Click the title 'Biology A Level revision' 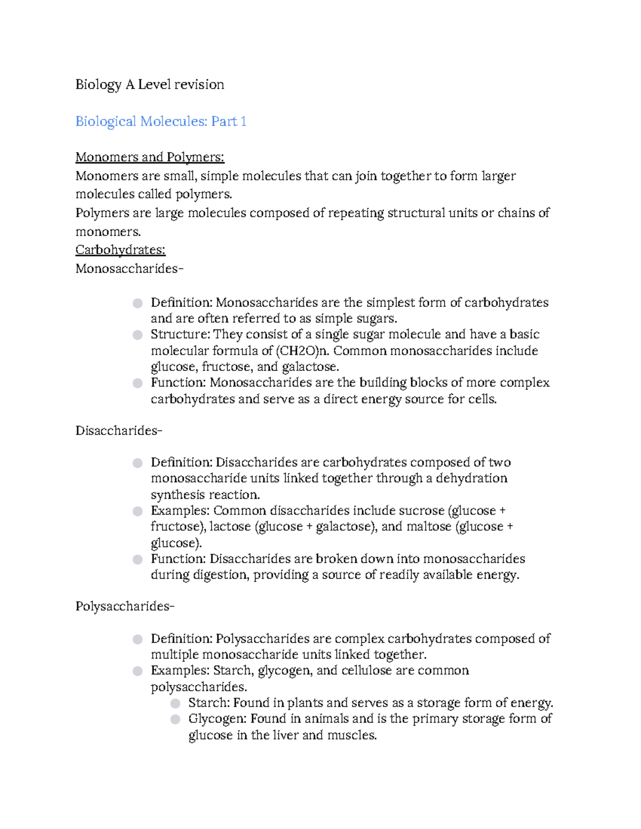click(x=150, y=85)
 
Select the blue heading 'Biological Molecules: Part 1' click(x=161, y=122)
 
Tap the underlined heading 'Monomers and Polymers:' click(x=150, y=157)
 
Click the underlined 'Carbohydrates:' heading click(x=120, y=250)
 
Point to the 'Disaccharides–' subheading click(x=119, y=431)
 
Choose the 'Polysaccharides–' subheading click(x=124, y=606)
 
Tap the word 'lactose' click(x=230, y=527)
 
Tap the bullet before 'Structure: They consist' click(x=138, y=335)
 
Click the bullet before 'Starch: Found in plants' click(x=175, y=703)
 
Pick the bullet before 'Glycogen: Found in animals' click(x=175, y=719)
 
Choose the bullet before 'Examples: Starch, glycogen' click(x=138, y=671)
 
